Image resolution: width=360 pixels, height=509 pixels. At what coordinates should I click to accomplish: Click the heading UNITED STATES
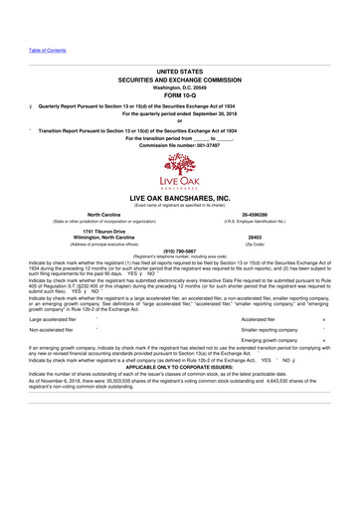tap(179, 75)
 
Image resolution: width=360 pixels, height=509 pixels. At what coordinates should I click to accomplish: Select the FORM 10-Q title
tap(179, 96)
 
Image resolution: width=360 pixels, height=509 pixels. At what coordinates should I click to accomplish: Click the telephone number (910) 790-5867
tap(179, 252)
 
